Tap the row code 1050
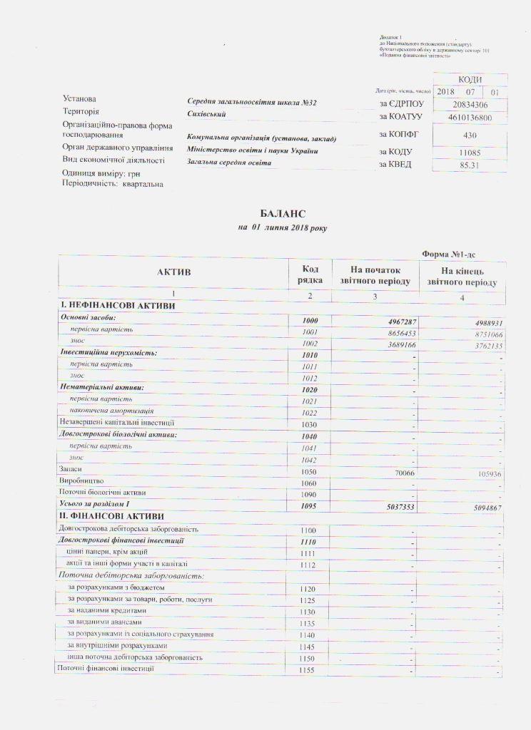tap(309, 471)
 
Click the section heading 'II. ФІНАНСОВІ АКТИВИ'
tap(112, 516)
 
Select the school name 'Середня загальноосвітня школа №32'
tap(252, 103)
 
